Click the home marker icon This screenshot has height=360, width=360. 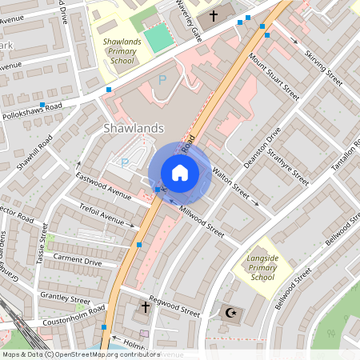(180, 173)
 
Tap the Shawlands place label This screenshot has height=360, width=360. (134, 128)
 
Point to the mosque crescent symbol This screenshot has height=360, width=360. (231, 312)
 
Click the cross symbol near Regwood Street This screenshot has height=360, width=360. (146, 307)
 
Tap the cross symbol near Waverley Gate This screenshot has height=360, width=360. (214, 16)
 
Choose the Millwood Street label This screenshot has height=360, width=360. (202, 219)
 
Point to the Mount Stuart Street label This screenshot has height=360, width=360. (274, 78)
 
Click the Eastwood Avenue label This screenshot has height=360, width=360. (103, 185)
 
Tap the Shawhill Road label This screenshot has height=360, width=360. (34, 154)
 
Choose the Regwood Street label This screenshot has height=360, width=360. (174, 309)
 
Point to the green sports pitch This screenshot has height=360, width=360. (158, 36)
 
